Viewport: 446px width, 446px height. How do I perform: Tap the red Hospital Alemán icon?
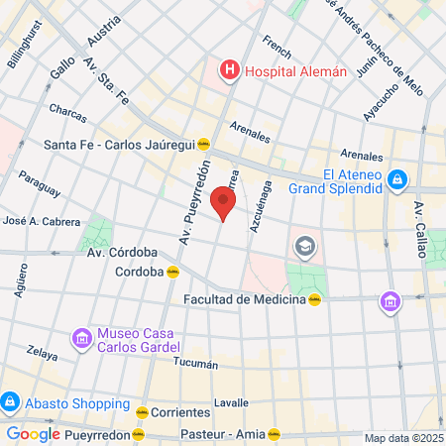click(230, 70)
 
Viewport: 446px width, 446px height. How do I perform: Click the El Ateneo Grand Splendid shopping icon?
click(397, 179)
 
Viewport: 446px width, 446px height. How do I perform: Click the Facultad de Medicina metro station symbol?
click(314, 299)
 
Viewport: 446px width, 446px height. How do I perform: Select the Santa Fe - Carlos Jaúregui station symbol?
click(203, 143)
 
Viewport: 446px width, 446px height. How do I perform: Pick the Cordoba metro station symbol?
click(173, 272)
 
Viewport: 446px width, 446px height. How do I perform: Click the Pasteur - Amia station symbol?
click(274, 434)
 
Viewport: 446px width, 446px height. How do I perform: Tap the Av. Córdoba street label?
click(124, 252)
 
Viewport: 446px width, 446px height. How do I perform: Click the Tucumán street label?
click(195, 364)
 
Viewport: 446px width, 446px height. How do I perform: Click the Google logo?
click(34, 433)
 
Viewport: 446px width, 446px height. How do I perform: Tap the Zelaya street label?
click(43, 352)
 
